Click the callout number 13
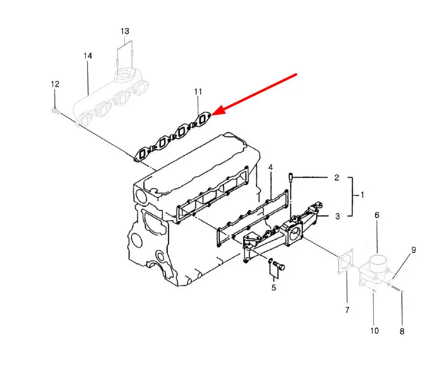[x=125, y=31]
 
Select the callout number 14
[x=87, y=56]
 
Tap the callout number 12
[x=55, y=84]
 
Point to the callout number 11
[x=198, y=92]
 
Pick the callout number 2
[x=336, y=178]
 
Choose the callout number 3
[x=336, y=215]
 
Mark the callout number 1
[x=362, y=195]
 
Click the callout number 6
[x=377, y=215]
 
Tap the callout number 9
[x=413, y=250]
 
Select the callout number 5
[x=274, y=288]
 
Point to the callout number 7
[x=347, y=310]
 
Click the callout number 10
[x=374, y=330]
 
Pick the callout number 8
[x=402, y=331]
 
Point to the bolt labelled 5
[x=280, y=266]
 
